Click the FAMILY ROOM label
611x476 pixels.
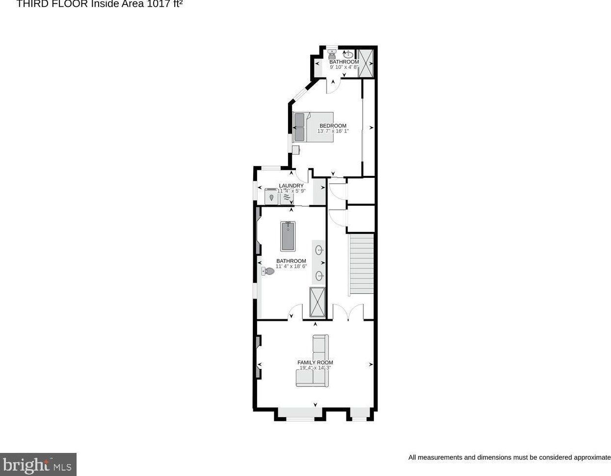pos(315,363)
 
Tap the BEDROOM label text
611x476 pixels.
pos(333,126)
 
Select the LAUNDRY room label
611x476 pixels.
pos(291,186)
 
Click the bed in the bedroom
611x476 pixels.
pos(313,127)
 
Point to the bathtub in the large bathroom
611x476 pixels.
pos(288,236)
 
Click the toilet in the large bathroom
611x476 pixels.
pos(268,271)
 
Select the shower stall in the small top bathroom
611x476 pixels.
pos(366,63)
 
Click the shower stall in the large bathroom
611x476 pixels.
pos(318,303)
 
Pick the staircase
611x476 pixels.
pos(361,264)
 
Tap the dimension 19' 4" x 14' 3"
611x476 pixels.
pos(315,368)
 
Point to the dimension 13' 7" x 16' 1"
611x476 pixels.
pos(333,131)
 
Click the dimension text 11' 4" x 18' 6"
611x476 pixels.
pos(291,266)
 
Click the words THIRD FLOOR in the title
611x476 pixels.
pos(52,4)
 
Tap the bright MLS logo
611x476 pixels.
pos(38,464)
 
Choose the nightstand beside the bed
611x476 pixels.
pos(295,149)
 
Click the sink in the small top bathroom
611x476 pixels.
pos(348,55)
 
